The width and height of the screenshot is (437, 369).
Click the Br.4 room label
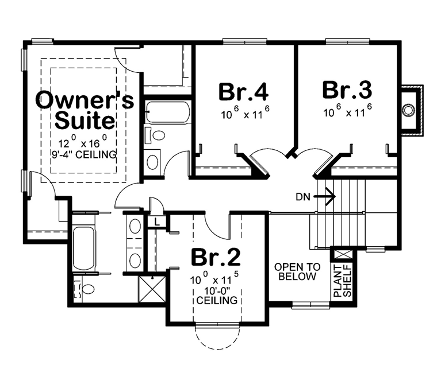point(243,91)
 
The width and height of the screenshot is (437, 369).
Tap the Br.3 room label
point(347,90)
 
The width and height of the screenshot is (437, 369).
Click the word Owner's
point(85,99)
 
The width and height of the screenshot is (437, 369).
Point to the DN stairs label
point(303,197)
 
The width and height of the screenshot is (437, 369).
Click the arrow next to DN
point(325,197)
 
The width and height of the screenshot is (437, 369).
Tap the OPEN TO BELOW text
point(297,271)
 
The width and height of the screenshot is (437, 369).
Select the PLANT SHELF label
point(343,281)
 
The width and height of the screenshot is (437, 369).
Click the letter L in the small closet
point(157,222)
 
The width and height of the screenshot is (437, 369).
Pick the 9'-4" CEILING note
point(84,154)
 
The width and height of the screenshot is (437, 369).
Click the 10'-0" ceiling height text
point(217,296)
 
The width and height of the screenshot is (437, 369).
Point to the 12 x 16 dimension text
point(83,142)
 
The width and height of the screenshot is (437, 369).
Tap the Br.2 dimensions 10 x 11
point(214,278)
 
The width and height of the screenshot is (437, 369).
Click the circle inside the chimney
point(408,111)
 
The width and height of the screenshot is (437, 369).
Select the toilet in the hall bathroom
point(155,135)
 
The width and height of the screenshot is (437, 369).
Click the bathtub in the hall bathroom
point(168,112)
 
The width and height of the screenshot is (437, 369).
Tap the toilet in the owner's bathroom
point(85,289)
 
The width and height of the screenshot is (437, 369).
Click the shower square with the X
point(152,289)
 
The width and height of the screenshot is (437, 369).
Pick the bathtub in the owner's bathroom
point(84,247)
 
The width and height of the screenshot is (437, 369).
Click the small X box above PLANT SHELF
point(342,254)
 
